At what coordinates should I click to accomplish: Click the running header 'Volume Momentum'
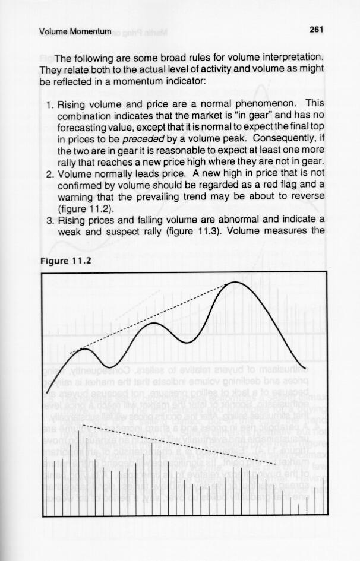75,31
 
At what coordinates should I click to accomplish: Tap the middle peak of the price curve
153,324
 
